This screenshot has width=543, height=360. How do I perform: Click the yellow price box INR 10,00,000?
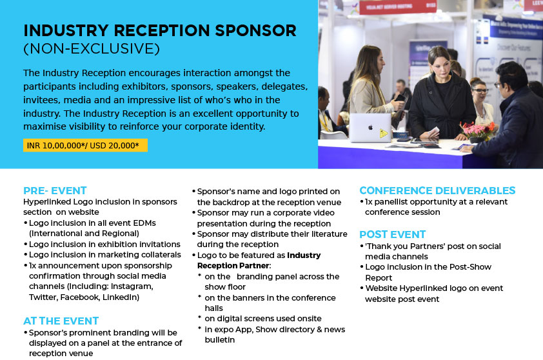(85, 145)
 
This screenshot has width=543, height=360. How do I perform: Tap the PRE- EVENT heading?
(55, 190)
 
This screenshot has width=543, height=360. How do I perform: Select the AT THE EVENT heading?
(61, 321)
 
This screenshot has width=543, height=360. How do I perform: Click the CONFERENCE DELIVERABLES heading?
(437, 190)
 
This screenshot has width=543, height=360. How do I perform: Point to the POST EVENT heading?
(392, 235)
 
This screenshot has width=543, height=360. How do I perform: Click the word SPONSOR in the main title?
(255, 30)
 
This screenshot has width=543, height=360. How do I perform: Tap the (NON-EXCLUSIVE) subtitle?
(92, 49)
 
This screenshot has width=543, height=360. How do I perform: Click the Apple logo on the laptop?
(370, 127)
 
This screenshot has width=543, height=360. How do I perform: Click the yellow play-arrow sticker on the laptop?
(383, 133)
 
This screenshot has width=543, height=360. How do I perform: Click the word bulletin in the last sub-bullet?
(220, 340)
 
